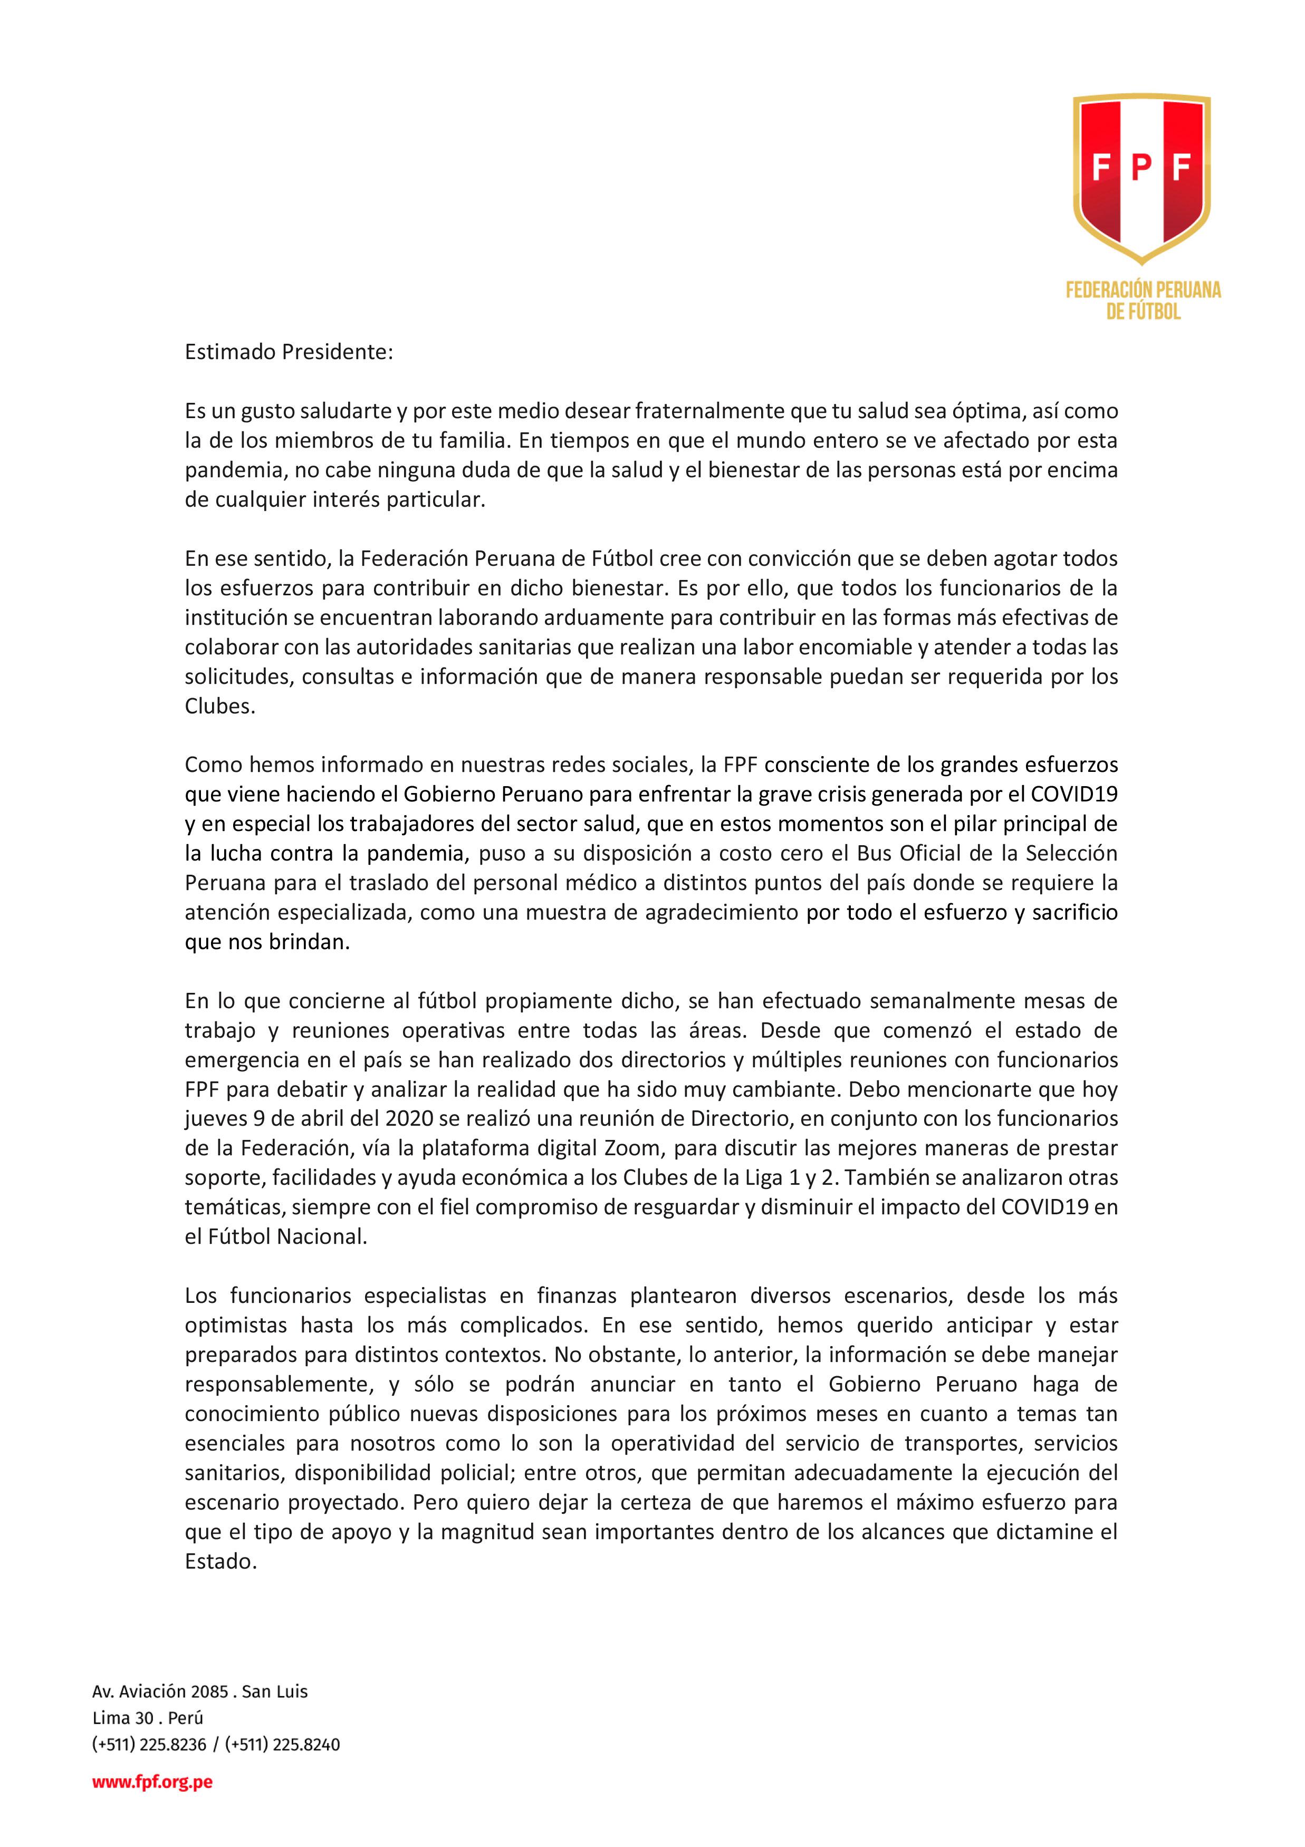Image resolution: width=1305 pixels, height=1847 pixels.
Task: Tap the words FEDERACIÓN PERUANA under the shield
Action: [x=1143, y=289]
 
